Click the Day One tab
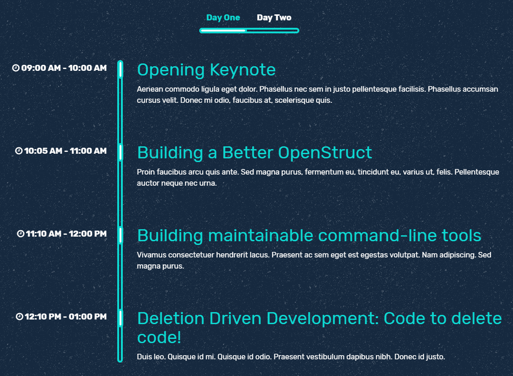(223, 18)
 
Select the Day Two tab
(274, 18)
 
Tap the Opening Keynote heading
(206, 70)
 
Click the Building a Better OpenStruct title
(254, 153)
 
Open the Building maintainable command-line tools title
(309, 235)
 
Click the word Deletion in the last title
(171, 319)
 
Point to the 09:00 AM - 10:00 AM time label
(64, 68)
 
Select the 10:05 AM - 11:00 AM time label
(65, 151)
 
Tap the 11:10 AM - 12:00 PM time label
(66, 234)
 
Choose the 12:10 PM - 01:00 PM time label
(65, 316)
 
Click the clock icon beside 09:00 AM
(16, 68)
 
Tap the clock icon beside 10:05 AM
(19, 151)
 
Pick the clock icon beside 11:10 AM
(20, 234)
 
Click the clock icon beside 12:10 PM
(19, 316)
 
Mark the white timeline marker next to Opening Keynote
(120, 69)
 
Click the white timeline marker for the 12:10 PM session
(120, 318)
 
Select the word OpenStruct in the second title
(325, 153)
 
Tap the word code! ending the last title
(159, 338)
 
